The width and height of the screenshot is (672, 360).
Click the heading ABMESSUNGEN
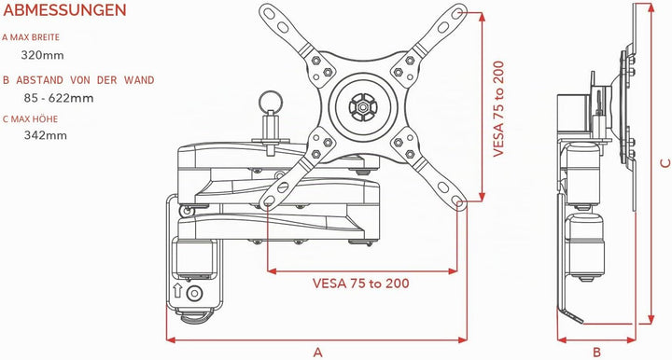tap(64, 10)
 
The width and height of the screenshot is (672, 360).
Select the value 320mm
tap(42, 55)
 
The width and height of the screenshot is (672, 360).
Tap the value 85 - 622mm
tap(59, 98)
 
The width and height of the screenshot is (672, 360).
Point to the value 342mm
tap(46, 135)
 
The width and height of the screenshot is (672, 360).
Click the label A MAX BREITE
tap(31, 37)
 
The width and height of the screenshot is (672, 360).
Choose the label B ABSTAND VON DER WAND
tap(78, 80)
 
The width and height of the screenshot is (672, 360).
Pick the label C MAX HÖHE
tap(31, 118)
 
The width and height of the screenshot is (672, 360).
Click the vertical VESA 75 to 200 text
tap(498, 109)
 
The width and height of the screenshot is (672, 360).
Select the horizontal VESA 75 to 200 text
tap(361, 284)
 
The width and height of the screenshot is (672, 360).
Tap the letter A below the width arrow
tap(317, 353)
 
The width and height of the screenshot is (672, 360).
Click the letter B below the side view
tap(596, 353)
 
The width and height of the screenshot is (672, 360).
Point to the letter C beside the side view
tap(665, 162)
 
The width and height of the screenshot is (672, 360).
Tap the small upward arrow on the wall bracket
tap(177, 291)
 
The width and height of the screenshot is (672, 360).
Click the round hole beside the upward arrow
tap(194, 293)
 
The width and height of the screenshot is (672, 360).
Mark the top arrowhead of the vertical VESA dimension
tap(482, 17)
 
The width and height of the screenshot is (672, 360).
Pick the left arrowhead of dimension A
tap(171, 339)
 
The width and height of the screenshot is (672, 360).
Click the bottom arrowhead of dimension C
tap(651, 319)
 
